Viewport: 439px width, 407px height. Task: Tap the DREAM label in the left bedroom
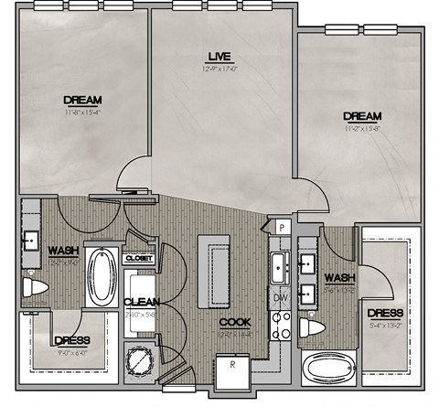(82, 100)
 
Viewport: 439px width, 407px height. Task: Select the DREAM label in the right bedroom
(361, 116)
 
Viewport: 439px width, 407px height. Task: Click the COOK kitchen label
(234, 323)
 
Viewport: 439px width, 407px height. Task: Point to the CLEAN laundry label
(142, 302)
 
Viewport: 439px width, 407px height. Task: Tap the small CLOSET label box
(138, 259)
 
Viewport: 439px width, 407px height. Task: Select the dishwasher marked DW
(280, 297)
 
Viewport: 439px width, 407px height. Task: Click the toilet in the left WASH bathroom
(34, 288)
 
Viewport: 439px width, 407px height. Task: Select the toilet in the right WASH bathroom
(316, 327)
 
